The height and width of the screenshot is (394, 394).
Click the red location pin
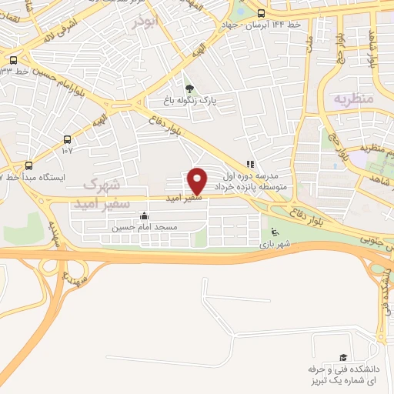pyautogui.click(x=198, y=181)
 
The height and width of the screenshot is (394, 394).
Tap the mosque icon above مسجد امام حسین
pyautogui.click(x=144, y=216)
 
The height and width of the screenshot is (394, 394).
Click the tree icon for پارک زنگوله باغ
pyautogui.click(x=189, y=88)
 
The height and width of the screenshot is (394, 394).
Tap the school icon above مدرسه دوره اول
pyautogui.click(x=249, y=164)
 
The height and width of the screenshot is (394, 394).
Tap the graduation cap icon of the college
pyautogui.click(x=343, y=358)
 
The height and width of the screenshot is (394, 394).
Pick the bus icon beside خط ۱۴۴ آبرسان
pyautogui.click(x=261, y=13)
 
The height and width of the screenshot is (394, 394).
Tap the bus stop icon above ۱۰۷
pyautogui.click(x=68, y=140)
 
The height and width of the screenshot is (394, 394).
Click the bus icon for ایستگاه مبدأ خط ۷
pyautogui.click(x=29, y=165)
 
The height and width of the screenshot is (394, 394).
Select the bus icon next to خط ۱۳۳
pyautogui.click(x=12, y=60)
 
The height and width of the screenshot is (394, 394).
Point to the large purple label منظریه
pyautogui.click(x=352, y=99)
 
